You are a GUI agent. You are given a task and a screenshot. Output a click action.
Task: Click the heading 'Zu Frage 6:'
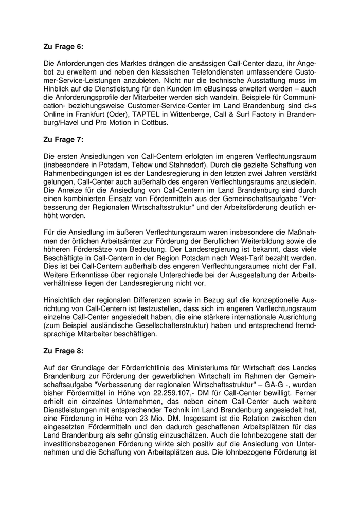[x=63, y=46]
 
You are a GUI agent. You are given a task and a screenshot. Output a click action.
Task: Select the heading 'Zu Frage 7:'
[x=63, y=139]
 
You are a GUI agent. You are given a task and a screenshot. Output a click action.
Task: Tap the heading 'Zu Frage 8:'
[x=63, y=351]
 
